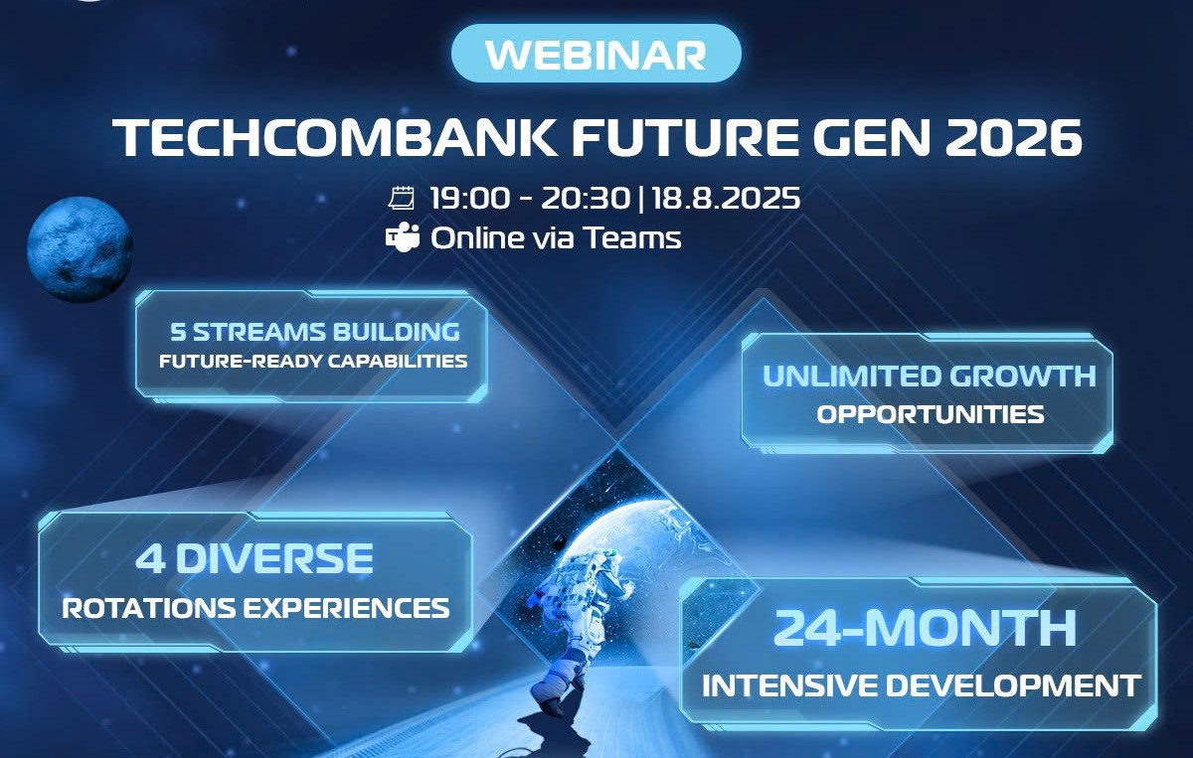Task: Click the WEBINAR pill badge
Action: point(596,54)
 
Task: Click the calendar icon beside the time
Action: point(401,198)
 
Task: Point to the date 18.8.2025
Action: point(726,198)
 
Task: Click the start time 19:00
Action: point(469,198)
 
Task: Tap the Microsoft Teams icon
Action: point(402,236)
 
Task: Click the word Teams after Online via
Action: point(632,237)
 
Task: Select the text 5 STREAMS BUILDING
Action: point(315,332)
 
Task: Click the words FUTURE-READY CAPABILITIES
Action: point(313,362)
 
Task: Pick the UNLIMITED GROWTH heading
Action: point(930,376)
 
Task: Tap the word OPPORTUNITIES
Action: point(931,414)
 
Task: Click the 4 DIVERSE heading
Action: point(255,558)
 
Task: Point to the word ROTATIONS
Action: point(148,608)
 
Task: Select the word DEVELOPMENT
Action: point(1012,685)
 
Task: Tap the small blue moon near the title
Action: point(80,249)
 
